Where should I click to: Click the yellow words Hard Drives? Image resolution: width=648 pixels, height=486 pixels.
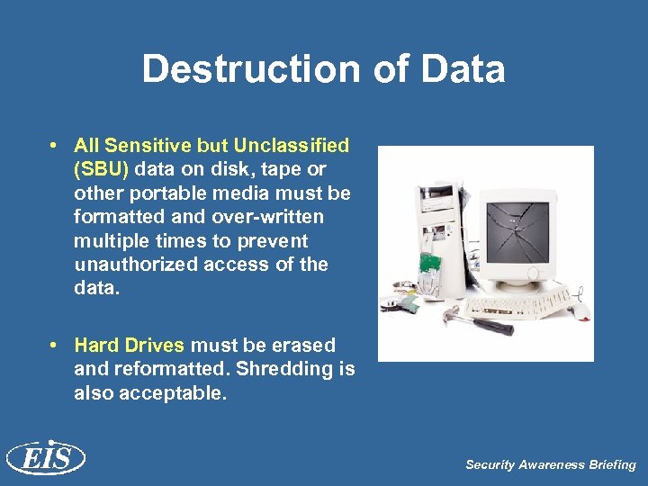click(x=130, y=346)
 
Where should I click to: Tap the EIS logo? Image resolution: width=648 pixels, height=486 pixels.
click(x=45, y=459)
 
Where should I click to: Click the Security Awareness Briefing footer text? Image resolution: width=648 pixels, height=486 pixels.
click(x=550, y=465)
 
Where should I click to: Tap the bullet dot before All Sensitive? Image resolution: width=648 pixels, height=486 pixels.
click(x=56, y=145)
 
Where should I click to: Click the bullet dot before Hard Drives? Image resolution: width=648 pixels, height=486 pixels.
click(x=56, y=346)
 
